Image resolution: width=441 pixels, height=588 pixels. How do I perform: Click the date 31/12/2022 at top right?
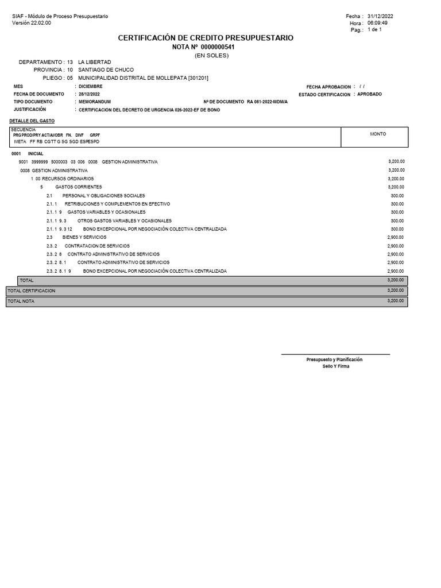pyautogui.click(x=380, y=16)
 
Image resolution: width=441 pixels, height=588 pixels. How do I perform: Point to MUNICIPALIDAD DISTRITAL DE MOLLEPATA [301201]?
pyautogui.click(x=143, y=78)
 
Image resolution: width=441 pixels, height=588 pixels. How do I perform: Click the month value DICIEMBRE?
pyautogui.click(x=91, y=86)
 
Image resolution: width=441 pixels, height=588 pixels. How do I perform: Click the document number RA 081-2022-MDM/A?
pyautogui.click(x=267, y=102)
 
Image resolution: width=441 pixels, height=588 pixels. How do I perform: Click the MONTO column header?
pyautogui.click(x=378, y=134)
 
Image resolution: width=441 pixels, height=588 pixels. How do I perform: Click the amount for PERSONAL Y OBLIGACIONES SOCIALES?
pyautogui.click(x=397, y=195)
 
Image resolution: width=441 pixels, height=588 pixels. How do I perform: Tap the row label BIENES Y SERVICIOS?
pyautogui.click(x=81, y=237)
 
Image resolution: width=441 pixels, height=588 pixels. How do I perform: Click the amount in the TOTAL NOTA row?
pyautogui.click(x=396, y=301)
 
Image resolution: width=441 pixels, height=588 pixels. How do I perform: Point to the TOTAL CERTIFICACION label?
pyautogui.click(x=31, y=291)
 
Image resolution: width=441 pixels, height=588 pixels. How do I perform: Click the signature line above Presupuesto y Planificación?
pyautogui.click(x=335, y=354)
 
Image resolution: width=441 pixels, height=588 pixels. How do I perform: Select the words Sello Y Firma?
pyautogui.click(x=335, y=366)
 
